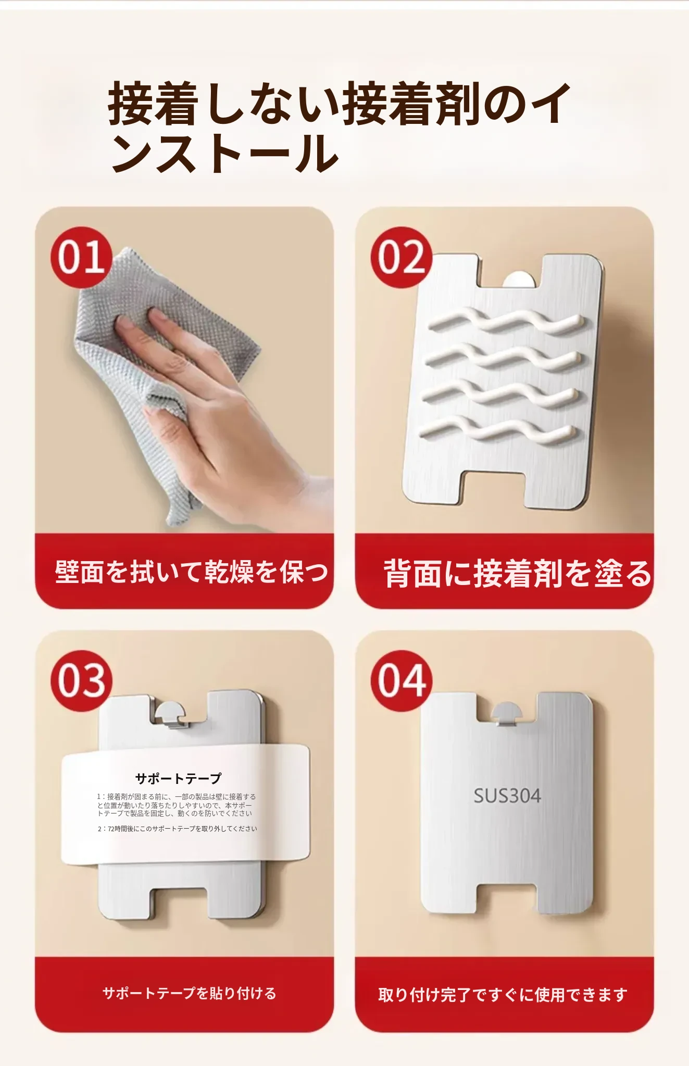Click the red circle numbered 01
(x=82, y=257)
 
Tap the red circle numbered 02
(x=402, y=257)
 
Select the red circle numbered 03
(x=82, y=680)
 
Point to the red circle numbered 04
(x=402, y=680)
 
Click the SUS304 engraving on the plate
(x=507, y=795)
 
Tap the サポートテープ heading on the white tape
(x=178, y=778)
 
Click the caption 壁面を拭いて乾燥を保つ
(x=192, y=572)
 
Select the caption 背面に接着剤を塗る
(x=518, y=574)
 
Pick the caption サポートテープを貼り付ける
(x=190, y=993)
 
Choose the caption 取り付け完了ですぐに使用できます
(x=503, y=995)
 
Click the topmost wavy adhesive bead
(x=504, y=323)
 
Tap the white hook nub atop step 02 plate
(x=520, y=279)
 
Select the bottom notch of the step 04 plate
(x=507, y=899)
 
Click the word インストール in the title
(x=225, y=153)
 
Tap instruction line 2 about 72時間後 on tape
(x=177, y=829)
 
